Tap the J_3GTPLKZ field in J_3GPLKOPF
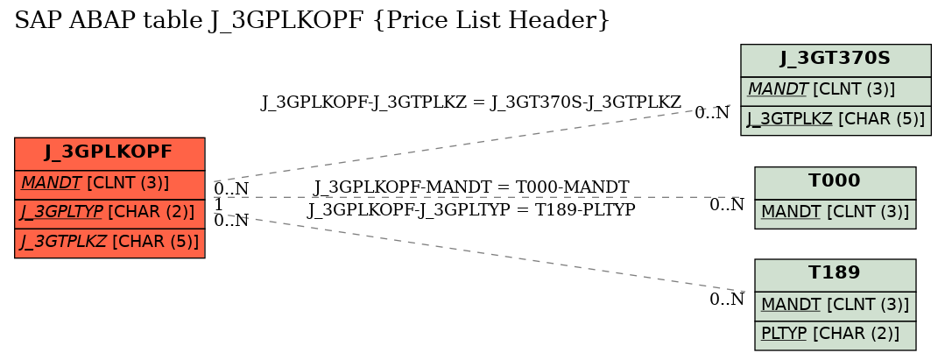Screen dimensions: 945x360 109,243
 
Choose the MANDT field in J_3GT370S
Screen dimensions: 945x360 836,91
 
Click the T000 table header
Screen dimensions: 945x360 835,181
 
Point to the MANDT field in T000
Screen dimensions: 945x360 835,213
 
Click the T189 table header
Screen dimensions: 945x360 835,274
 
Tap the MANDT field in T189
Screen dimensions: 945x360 835,306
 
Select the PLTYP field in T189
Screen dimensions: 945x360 835,335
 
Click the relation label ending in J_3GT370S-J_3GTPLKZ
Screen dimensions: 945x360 470,102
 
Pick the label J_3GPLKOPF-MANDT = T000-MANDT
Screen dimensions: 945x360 471,187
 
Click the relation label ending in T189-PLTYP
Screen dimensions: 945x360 471,210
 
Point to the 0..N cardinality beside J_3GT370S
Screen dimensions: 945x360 712,113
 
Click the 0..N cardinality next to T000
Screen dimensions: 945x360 727,205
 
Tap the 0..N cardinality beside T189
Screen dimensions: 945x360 727,300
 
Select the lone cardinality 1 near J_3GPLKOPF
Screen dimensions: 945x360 218,204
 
